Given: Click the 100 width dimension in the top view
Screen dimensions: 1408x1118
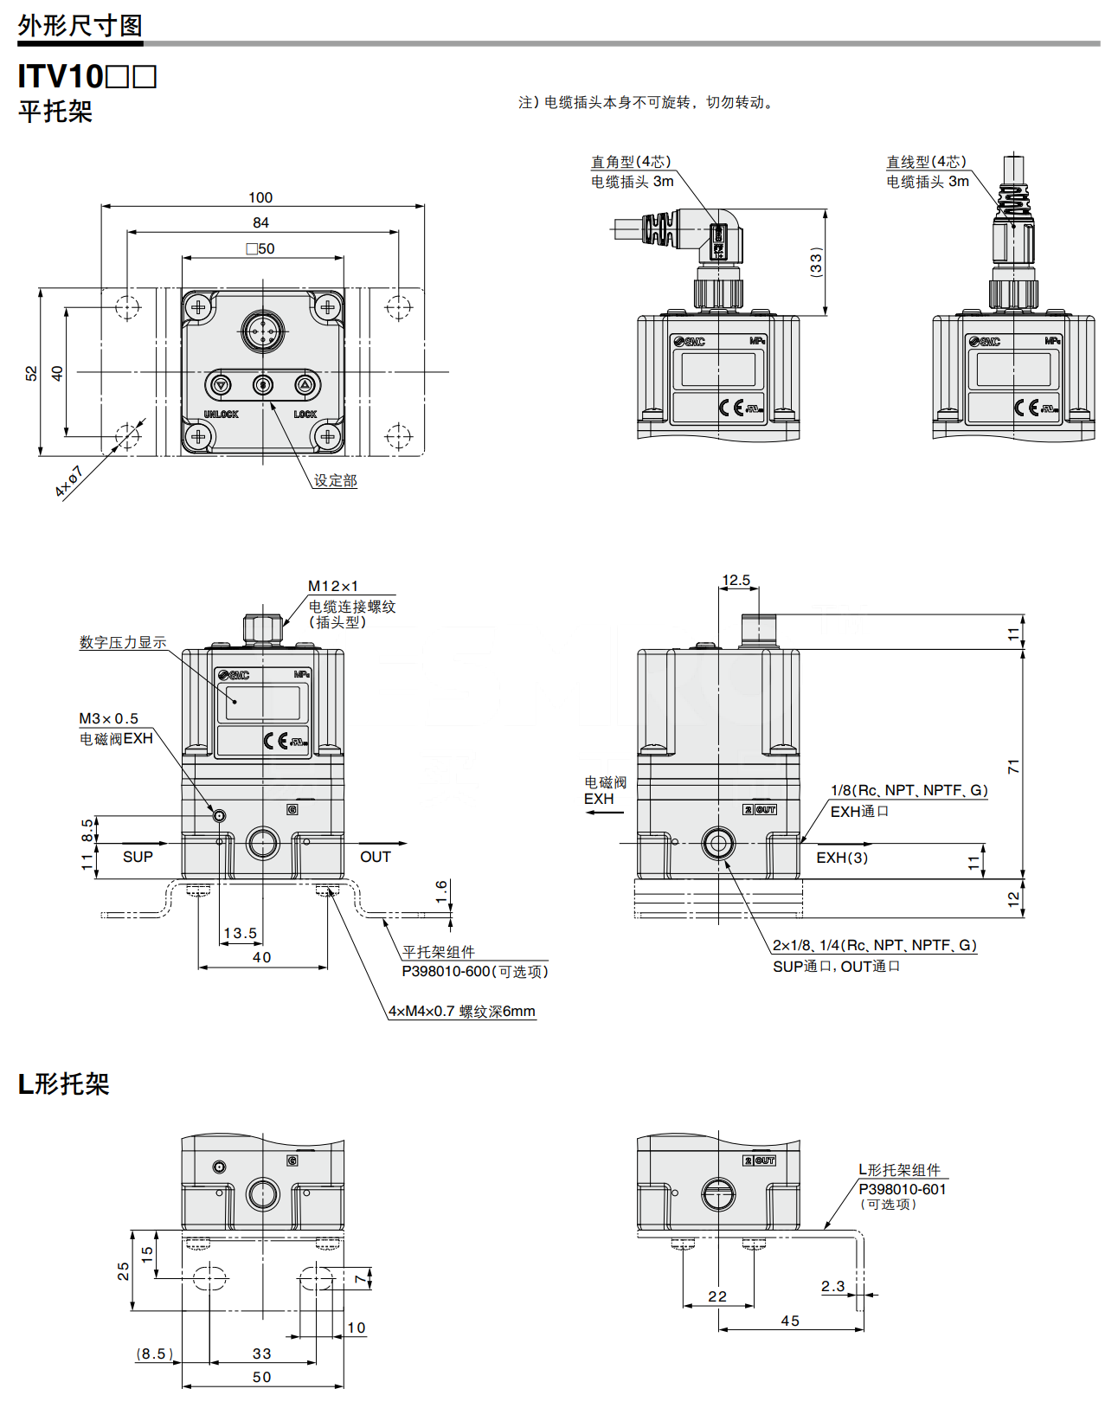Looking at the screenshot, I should pos(260,197).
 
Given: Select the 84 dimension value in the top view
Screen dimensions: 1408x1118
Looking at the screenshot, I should pos(260,222).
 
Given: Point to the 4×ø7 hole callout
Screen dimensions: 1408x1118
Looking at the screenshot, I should pos(68,481).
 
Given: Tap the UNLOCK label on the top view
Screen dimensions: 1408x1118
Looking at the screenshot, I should pos(221,415).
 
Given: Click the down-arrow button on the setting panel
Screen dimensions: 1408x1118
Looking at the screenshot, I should pos(222,384).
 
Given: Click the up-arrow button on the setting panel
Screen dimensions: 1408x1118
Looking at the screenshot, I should pos(304,384).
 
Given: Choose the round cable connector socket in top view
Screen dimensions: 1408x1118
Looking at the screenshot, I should pos(262,331).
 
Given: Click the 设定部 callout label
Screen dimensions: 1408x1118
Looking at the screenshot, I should pos(335,480).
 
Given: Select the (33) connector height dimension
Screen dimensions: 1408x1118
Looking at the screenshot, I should pos(815,261).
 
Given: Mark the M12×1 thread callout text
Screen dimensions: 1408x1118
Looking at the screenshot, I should pos(333,587).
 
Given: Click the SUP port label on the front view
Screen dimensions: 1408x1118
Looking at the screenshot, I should pos(138,857).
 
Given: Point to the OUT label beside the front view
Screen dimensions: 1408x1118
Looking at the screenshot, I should pos(375,857).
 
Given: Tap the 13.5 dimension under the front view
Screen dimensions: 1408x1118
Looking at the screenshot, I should pos(240,933).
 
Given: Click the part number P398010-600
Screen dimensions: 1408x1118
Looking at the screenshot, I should pos(446,972).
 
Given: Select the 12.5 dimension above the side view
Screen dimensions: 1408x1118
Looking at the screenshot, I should pos(736,581).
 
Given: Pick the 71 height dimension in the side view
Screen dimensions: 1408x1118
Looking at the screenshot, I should pos(1013,766).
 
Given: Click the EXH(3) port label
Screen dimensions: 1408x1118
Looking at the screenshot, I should pos(842,858).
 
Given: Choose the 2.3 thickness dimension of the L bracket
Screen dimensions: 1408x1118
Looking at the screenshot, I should pos(832,1286).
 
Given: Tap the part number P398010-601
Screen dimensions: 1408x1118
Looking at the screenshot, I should pos(902,1189).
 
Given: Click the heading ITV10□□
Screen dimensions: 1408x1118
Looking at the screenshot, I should pos(87,77).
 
